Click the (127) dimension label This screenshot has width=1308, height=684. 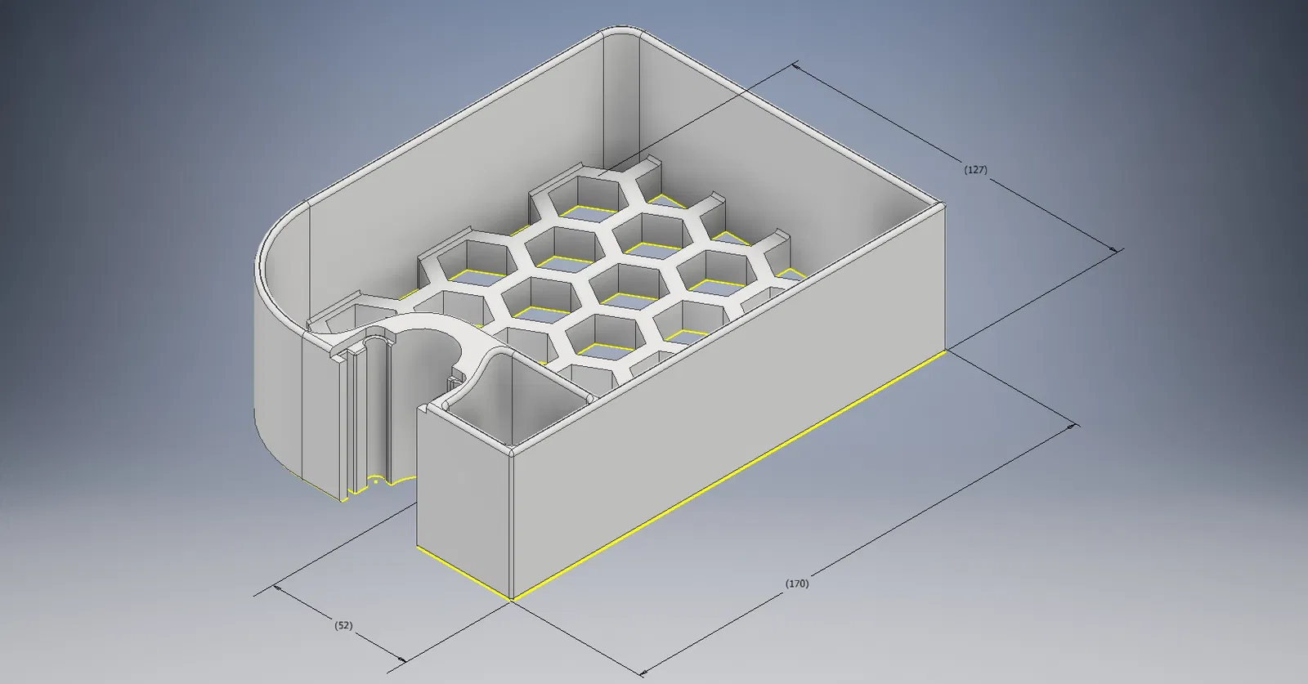[x=975, y=170]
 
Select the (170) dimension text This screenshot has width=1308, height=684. [x=797, y=583]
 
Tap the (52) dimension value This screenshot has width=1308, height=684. [x=343, y=625]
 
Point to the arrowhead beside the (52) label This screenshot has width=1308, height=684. [x=401, y=659]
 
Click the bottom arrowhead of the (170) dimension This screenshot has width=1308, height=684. [x=644, y=673]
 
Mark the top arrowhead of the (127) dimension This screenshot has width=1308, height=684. [x=796, y=66]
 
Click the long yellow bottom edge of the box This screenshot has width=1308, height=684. [x=728, y=475]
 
